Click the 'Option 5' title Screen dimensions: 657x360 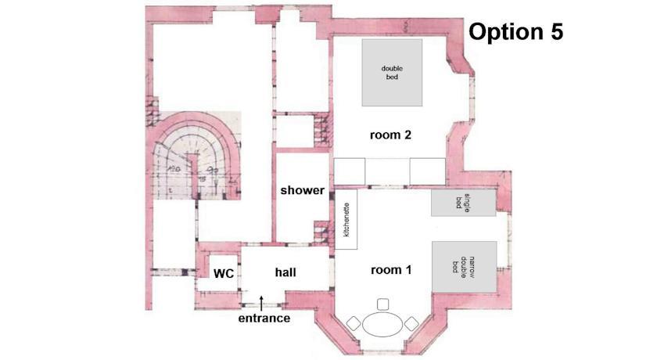click(x=515, y=32)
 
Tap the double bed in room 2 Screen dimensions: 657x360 click(x=392, y=73)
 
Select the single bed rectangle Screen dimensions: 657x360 click(x=464, y=203)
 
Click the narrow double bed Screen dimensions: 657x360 click(x=465, y=267)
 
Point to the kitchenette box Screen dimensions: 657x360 click(x=346, y=219)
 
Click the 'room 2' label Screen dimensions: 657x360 click(x=390, y=135)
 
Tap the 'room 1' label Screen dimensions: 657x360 click(x=391, y=270)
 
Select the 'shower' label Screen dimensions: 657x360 click(x=302, y=190)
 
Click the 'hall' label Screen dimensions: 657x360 click(x=285, y=272)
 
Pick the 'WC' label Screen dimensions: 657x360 click(x=224, y=274)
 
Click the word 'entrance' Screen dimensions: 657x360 click(x=264, y=318)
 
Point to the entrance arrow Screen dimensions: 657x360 click(x=261, y=304)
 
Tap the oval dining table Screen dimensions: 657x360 click(x=382, y=324)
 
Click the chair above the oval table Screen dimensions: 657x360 click(x=382, y=304)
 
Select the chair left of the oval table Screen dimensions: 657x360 click(x=354, y=323)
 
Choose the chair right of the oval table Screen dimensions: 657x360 click(x=411, y=323)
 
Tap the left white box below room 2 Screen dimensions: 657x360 click(x=350, y=171)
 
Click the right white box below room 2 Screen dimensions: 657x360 click(x=427, y=171)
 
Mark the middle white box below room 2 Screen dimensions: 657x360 click(x=388, y=171)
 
